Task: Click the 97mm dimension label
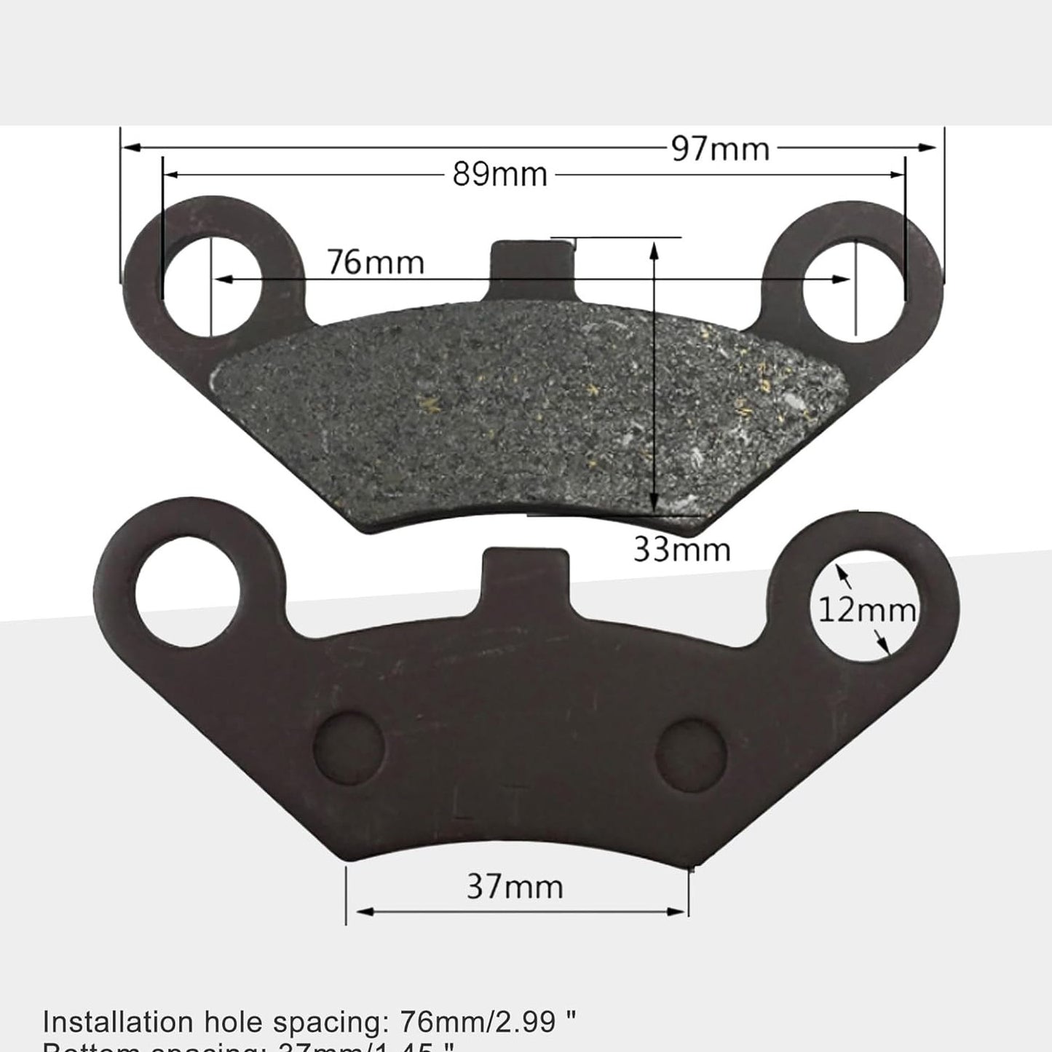coord(719,149)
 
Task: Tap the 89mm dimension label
coord(500,175)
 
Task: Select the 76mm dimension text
coord(375,262)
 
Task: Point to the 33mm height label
coord(681,549)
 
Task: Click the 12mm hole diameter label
coord(867,609)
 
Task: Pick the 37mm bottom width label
coord(515,887)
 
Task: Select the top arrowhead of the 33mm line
coord(654,250)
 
